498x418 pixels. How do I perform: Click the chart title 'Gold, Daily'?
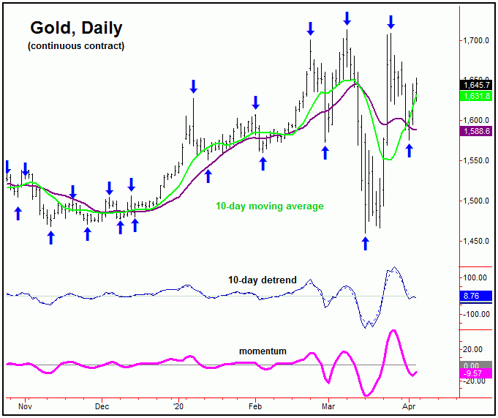(76, 29)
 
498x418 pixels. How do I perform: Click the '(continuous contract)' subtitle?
(76, 46)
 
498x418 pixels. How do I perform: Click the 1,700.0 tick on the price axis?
(476, 40)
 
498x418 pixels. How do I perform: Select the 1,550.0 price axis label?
(476, 160)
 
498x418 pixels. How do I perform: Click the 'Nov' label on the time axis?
(25, 405)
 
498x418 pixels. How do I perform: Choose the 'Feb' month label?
(255, 405)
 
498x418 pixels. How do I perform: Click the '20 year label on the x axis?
(178, 405)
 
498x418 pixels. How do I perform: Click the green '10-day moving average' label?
(269, 206)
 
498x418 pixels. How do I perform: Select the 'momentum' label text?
(263, 351)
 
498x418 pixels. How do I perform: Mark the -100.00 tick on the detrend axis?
(476, 314)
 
